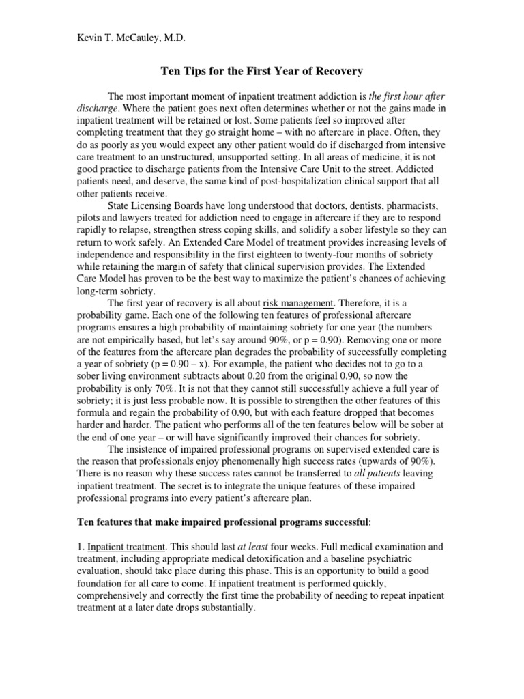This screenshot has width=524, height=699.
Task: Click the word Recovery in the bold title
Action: coord(339,70)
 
